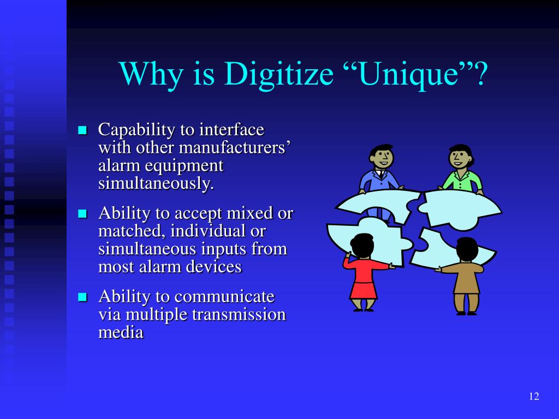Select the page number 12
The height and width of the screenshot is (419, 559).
coord(534,396)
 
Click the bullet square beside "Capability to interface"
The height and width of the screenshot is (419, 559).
coord(83,130)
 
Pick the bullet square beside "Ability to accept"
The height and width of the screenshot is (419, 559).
coord(83,213)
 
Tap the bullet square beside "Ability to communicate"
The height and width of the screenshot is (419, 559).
coord(83,297)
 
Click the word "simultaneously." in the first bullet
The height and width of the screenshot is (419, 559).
coord(156,184)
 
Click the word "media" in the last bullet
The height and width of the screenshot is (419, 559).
coord(121,332)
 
